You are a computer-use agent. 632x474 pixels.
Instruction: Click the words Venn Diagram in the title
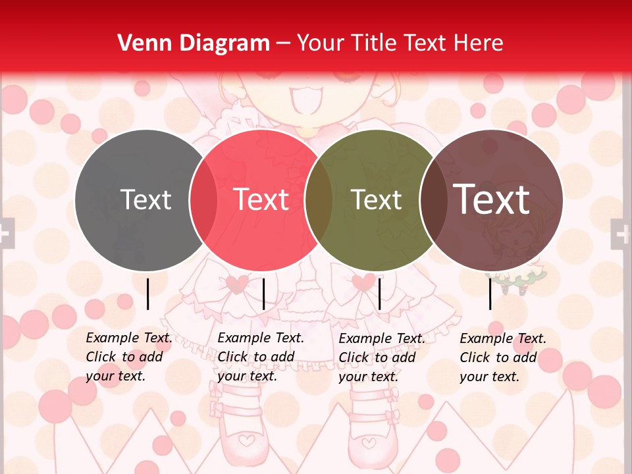click(x=194, y=43)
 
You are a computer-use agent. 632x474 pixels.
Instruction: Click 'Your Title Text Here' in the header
click(x=400, y=43)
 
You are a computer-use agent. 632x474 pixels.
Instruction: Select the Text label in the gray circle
click(x=146, y=199)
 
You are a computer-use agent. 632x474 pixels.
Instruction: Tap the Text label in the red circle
click(x=261, y=199)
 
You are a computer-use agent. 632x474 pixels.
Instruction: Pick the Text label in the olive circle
click(x=377, y=199)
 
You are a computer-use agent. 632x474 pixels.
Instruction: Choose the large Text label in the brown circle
click(x=492, y=199)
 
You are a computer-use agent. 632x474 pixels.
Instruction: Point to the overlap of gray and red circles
click(x=203, y=200)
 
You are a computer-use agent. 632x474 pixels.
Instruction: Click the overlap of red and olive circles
click(x=319, y=200)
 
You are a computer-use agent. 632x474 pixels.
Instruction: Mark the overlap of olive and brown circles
click(x=433, y=200)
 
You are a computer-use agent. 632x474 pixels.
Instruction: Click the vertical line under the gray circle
click(x=147, y=294)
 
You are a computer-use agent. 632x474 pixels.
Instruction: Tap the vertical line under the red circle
click(x=263, y=294)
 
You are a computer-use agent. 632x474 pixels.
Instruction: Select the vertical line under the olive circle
click(x=379, y=294)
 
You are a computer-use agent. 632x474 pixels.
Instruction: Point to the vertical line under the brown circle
click(x=490, y=294)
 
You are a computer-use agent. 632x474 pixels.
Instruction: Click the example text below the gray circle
click(x=129, y=357)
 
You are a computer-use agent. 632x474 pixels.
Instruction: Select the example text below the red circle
click(x=261, y=357)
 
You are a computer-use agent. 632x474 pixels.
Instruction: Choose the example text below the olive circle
click(x=382, y=357)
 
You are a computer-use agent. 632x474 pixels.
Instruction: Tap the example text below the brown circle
click(x=503, y=357)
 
